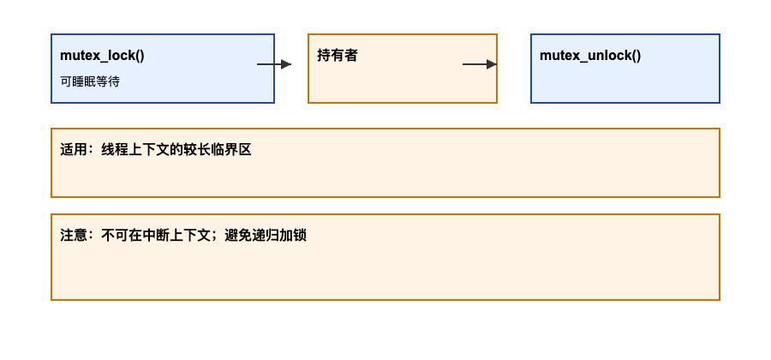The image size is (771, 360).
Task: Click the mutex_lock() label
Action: coord(102,56)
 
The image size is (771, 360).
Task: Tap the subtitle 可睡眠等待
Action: coord(90,81)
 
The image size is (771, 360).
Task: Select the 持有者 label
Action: coord(338,56)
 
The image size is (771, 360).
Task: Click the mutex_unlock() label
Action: coord(590,56)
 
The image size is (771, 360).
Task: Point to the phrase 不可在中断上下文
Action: coord(156,235)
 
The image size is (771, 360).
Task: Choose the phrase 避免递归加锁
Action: coord(266,235)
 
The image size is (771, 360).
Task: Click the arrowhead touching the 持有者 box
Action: coord(287,64)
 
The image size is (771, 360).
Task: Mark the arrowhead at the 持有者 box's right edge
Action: coord(492,64)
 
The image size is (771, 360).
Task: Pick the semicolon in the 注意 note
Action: coord(217,236)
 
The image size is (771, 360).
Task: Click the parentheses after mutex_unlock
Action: coord(635,56)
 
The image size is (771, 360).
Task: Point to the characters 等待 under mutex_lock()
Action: coord(108,81)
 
